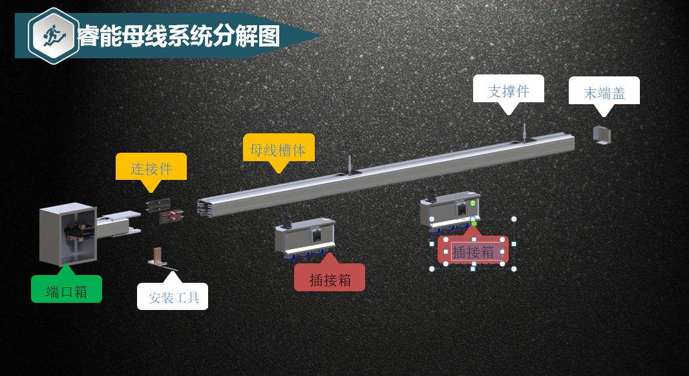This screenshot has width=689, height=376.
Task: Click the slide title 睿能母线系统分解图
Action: [178, 37]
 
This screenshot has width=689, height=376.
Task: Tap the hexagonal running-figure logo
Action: [53, 36]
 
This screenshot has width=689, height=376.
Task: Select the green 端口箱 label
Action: [67, 291]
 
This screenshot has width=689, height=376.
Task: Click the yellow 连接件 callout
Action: [151, 168]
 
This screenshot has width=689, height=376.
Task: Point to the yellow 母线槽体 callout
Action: [279, 149]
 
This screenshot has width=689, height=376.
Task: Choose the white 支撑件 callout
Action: [509, 90]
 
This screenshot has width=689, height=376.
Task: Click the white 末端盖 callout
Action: [604, 92]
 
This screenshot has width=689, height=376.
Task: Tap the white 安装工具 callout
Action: [173, 297]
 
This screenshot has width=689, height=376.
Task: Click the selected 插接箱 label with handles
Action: [473, 251]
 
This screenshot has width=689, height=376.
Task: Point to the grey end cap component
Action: [602, 135]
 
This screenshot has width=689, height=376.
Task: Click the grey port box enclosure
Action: [67, 234]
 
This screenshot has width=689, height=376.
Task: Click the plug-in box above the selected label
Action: [450, 210]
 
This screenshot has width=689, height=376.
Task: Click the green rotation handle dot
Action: [474, 224]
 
